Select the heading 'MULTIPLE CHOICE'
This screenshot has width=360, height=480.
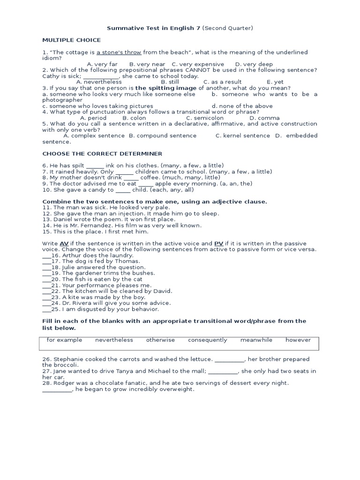coord(72,40)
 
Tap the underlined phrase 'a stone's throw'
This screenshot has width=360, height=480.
coord(119,52)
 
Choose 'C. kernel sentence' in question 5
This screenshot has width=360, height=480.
coord(242,135)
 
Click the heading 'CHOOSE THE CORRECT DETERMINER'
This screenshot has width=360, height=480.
coord(102,153)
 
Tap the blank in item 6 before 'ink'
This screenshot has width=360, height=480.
coord(95,165)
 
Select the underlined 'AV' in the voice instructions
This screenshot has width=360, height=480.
coord(64,244)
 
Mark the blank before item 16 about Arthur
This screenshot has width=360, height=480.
coord(46,255)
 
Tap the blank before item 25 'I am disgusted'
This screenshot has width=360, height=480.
coord(46,309)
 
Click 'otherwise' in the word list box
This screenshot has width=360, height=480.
coord(160,340)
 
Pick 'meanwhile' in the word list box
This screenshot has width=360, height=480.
coord(256,340)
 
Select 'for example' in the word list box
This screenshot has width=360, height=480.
coord(64,340)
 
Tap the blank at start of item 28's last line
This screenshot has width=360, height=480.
coord(57,390)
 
